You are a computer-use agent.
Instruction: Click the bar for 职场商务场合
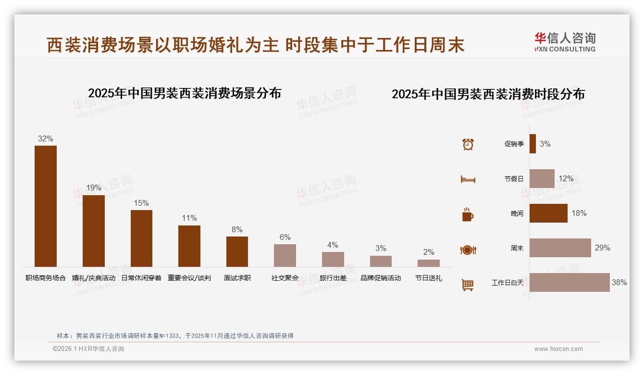pyautogui.click(x=46, y=206)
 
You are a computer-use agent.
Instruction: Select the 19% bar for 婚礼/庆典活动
pyautogui.click(x=94, y=231)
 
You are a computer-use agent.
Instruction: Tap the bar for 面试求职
pyautogui.click(x=237, y=251)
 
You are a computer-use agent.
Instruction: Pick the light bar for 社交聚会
pyautogui.click(x=285, y=255)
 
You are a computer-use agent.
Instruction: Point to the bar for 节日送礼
pyautogui.click(x=429, y=263)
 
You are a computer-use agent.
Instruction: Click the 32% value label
pyautogui.click(x=46, y=139)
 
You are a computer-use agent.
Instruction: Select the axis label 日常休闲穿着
pyautogui.click(x=141, y=278)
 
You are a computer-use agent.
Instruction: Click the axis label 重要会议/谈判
pyautogui.click(x=189, y=278)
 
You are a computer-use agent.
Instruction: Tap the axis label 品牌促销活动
pyautogui.click(x=381, y=278)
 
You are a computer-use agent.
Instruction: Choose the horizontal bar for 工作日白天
pyautogui.click(x=570, y=282)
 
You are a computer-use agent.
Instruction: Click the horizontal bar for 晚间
pyautogui.click(x=548, y=213)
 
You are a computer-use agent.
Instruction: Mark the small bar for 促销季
pyautogui.click(x=533, y=144)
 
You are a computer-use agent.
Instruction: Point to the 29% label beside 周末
pyautogui.click(x=602, y=248)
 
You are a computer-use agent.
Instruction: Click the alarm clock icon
pyautogui.click(x=468, y=144)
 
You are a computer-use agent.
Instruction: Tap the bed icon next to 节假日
pyautogui.click(x=468, y=179)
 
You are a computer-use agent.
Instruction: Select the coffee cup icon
pyautogui.click(x=468, y=214)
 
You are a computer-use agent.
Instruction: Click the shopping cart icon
pyautogui.click(x=468, y=285)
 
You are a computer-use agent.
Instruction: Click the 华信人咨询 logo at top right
pyautogui.click(x=565, y=42)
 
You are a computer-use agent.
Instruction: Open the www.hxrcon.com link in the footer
pyautogui.click(x=558, y=349)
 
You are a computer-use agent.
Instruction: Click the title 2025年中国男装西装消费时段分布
pyautogui.click(x=488, y=94)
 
